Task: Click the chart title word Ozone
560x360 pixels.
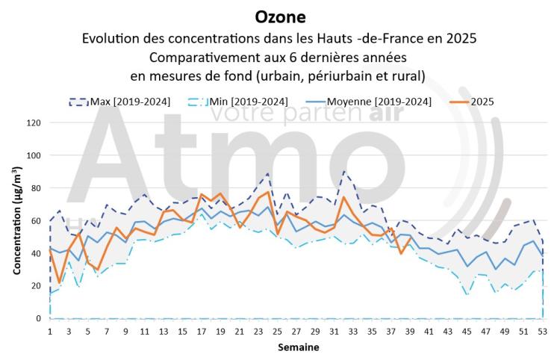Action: point(280,16)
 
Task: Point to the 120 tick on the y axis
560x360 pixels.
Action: point(32,122)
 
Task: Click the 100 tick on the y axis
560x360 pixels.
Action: point(32,155)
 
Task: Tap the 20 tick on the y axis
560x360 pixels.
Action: point(34,286)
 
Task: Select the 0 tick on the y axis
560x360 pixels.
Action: point(37,319)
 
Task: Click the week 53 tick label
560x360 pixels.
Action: point(542,330)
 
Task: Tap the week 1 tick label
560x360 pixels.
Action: point(50,330)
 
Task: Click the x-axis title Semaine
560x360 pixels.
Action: point(299,347)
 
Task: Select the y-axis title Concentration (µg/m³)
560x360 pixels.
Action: point(16,220)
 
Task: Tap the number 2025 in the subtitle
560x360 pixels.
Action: point(461,38)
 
